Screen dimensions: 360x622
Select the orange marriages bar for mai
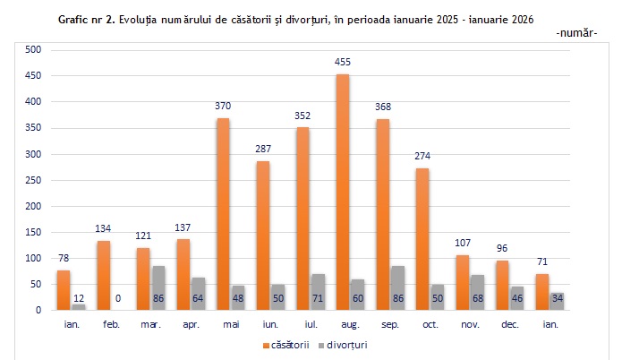coord(224,214)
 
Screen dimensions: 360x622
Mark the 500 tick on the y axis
coord(34,50)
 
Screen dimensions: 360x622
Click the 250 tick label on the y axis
coord(34,180)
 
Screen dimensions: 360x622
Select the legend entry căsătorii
coord(291,345)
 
